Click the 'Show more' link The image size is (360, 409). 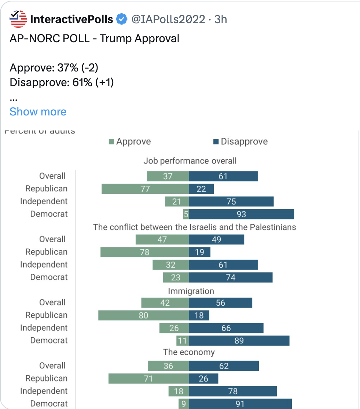(38, 111)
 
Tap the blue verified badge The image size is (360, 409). (122, 19)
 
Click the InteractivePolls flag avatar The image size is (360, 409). (18, 19)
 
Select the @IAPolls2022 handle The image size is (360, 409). (168, 19)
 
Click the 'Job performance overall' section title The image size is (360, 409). (190, 161)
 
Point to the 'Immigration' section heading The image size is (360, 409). (191, 291)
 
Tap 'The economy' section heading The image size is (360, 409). (189, 353)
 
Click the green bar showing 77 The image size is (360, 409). (145, 189)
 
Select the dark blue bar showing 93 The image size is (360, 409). (241, 214)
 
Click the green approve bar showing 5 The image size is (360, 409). (186, 214)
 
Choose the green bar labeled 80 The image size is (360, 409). (143, 316)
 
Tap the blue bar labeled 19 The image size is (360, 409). (199, 252)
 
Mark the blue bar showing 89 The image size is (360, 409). (239, 341)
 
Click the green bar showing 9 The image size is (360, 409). (184, 404)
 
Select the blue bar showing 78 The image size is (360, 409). (233, 391)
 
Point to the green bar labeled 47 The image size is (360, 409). (162, 240)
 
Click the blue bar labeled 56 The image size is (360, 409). (220, 303)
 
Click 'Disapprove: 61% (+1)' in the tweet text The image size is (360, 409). (62, 82)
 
